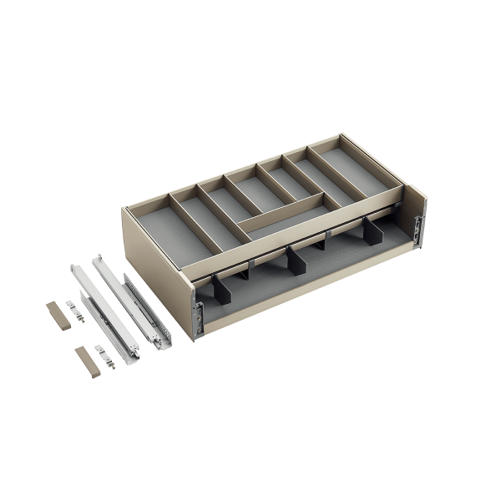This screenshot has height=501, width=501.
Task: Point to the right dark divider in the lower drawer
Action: pos(372,232)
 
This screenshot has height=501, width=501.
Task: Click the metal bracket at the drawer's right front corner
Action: pos(418,230)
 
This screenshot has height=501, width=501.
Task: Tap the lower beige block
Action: pos(85,360)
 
